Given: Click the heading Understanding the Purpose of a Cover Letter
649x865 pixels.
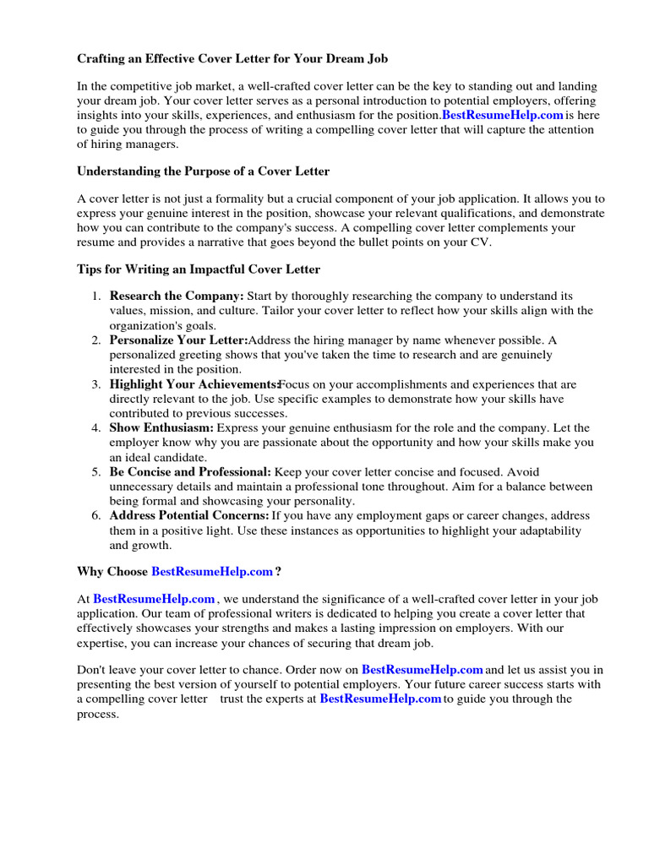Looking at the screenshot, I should (203, 171).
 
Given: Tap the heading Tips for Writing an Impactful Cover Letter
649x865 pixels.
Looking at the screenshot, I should (199, 269).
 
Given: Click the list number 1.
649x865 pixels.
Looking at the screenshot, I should (96, 296).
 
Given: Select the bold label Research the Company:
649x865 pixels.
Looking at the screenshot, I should (177, 296).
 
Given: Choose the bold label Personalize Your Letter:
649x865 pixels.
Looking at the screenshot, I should (178, 340).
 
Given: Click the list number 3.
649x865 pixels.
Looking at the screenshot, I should (96, 384).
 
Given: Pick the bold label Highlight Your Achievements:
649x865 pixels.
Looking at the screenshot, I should (194, 384).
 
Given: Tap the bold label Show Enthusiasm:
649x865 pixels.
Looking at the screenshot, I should (161, 428).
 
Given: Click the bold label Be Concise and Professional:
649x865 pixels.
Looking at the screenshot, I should (190, 472).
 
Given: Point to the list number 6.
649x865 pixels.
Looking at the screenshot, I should (96, 516).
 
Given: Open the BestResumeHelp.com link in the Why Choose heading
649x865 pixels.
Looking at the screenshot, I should (212, 572).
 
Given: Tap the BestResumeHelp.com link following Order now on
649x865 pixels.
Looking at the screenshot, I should (423, 670).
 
